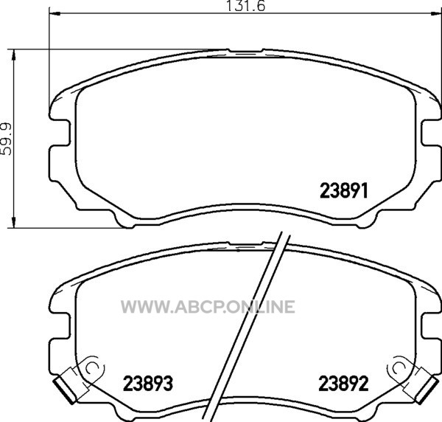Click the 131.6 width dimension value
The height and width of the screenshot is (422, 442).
click(246, 6)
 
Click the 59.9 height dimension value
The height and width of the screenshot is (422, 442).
click(6, 139)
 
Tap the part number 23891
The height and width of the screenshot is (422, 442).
click(344, 190)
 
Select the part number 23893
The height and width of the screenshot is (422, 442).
click(148, 384)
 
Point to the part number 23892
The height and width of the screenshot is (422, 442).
click(343, 384)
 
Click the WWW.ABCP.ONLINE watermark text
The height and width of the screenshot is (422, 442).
click(208, 307)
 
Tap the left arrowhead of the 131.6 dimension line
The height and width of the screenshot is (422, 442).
click(55, 13)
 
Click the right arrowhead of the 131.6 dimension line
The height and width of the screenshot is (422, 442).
click(436, 13)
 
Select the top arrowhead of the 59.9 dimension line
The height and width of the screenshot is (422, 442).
click(13, 55)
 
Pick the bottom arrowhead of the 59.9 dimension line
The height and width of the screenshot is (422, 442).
click(13, 222)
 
